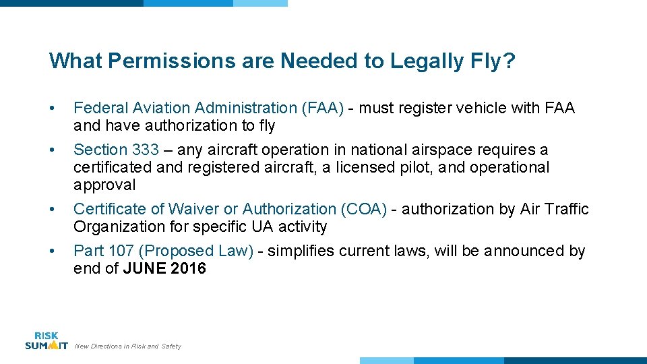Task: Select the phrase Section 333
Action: pos(116,150)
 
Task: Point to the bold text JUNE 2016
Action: pos(164,268)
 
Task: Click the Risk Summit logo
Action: pos(46,341)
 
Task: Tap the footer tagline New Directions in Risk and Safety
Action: pos(127,346)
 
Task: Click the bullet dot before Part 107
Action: pos(53,251)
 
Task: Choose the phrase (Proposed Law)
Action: pos(196,251)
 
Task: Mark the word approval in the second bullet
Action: pos(104,185)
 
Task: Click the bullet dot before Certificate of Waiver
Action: pos(53,210)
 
